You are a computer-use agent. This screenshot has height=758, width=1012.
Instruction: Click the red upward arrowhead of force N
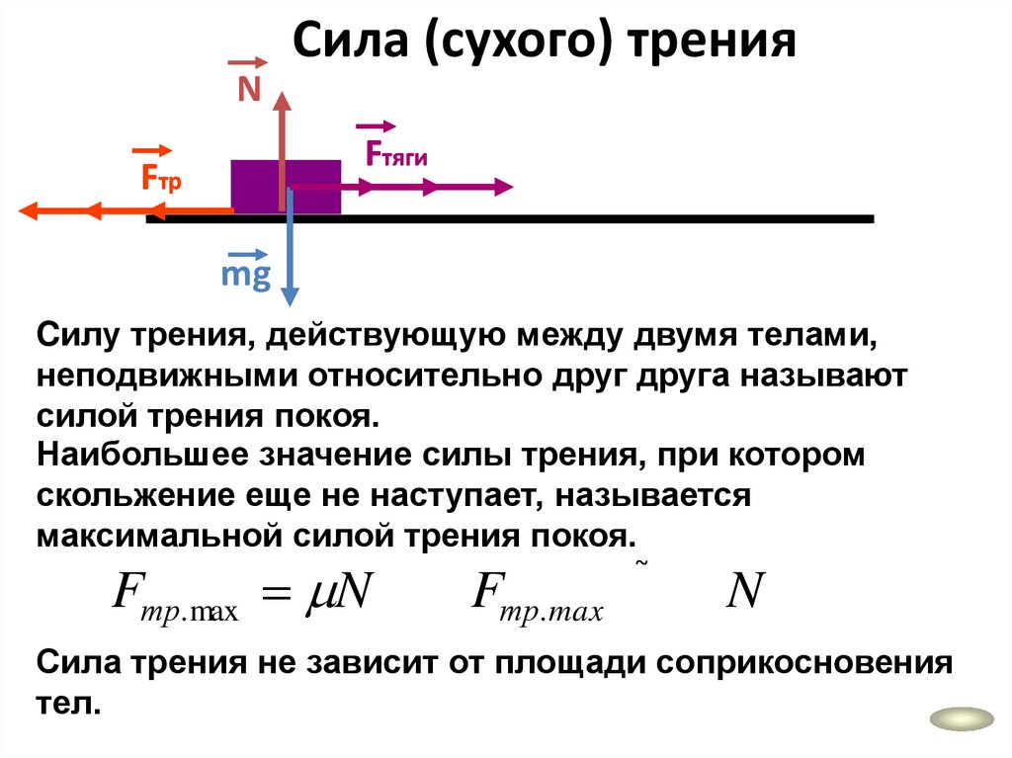click(283, 100)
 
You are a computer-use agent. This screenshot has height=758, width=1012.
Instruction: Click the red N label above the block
click(248, 91)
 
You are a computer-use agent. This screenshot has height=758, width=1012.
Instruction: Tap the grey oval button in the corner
click(962, 719)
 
